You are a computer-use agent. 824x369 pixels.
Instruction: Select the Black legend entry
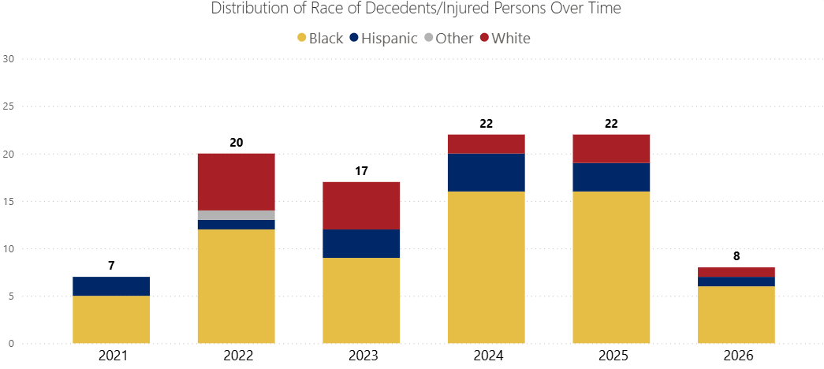click(x=319, y=38)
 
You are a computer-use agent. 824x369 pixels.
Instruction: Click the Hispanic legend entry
click(x=389, y=38)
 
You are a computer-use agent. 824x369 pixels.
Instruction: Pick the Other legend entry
click(x=454, y=38)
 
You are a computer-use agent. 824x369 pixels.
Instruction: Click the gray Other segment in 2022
click(x=236, y=215)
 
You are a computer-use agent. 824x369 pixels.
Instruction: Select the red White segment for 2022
click(x=236, y=181)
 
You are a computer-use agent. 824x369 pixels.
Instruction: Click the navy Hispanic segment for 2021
click(x=111, y=286)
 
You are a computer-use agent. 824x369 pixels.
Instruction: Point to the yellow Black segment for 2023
click(x=361, y=300)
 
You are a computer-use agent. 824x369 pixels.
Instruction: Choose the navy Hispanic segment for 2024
click(x=486, y=172)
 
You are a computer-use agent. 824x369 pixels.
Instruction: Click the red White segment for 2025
click(x=611, y=148)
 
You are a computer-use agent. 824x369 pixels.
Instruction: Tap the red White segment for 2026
click(x=736, y=272)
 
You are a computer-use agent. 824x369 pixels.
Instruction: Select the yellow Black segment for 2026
click(x=736, y=315)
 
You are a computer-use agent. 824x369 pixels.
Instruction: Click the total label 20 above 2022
click(x=236, y=143)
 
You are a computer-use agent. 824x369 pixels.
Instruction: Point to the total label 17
click(x=361, y=171)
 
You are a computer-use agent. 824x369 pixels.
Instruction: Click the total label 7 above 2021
click(x=111, y=266)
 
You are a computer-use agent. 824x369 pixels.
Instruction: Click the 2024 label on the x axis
click(x=486, y=356)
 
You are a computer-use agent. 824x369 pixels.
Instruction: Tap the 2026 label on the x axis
click(x=736, y=356)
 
